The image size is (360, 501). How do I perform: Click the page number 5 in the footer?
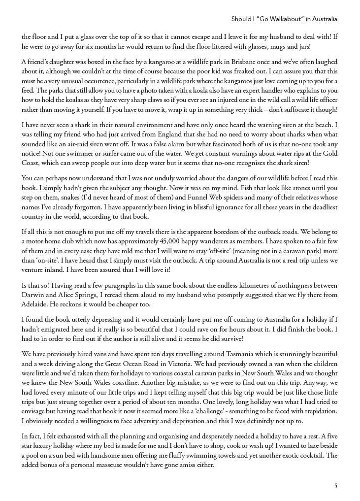(x=336, y=486)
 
